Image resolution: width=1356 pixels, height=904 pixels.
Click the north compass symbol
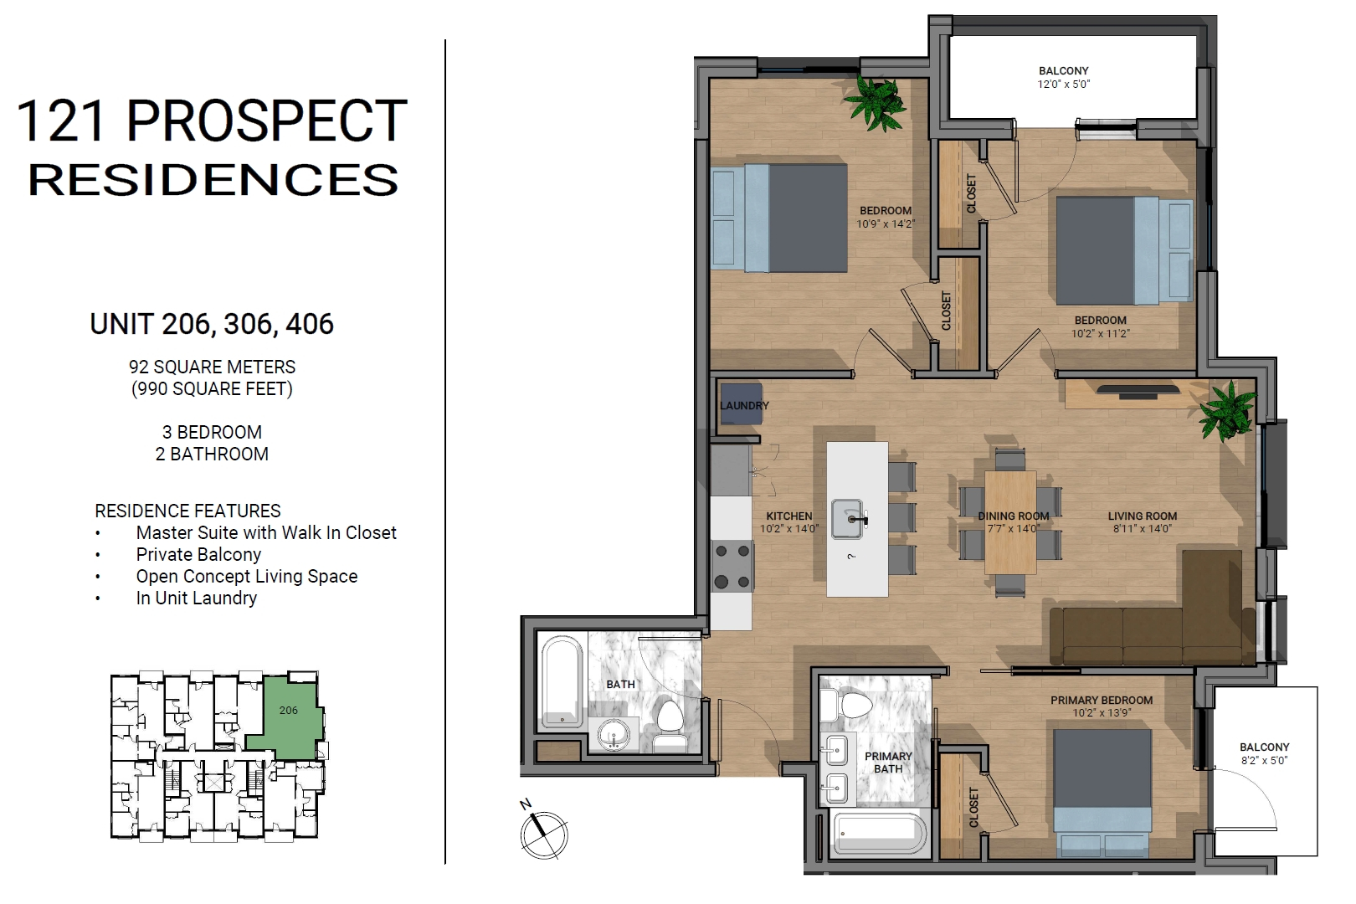tap(543, 833)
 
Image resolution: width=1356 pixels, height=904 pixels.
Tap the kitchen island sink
tap(847, 519)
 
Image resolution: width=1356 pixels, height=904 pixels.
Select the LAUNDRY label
tap(744, 406)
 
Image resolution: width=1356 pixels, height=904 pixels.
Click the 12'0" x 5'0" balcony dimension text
tap(1064, 85)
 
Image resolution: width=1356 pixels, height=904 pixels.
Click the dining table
tap(1010, 522)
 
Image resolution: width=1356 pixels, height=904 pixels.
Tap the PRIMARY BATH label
tap(888, 763)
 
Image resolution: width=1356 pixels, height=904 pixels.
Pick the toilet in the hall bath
tap(670, 726)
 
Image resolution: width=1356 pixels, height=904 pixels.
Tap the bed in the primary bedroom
tap(1102, 793)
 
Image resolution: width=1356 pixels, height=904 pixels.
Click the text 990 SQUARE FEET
tap(212, 388)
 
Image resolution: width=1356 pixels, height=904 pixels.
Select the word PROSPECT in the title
tap(266, 121)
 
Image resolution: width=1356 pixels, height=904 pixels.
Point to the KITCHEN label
tap(789, 516)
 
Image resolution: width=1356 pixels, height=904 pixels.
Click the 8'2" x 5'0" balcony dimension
tap(1264, 761)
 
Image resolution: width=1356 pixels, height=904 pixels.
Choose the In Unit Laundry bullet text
tap(197, 598)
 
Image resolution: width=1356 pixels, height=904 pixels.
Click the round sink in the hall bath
tap(614, 734)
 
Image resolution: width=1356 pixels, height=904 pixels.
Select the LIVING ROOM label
tap(1143, 516)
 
